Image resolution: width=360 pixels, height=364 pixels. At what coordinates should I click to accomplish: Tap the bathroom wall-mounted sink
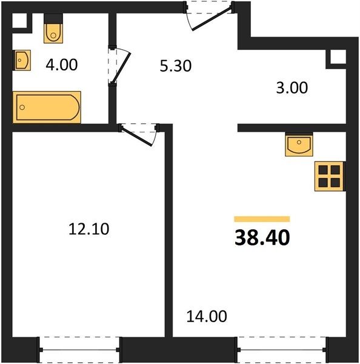[22, 60]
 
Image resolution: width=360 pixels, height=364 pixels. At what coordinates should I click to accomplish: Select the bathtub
[47, 107]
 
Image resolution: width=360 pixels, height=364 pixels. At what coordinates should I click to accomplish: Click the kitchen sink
[299, 145]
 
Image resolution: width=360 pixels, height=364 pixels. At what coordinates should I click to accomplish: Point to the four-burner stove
[330, 177]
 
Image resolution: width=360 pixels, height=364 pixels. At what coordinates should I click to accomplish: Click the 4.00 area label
[61, 65]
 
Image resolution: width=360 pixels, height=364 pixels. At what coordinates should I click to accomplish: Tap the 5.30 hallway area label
[176, 66]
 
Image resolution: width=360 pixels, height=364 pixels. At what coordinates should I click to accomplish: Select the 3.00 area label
[292, 88]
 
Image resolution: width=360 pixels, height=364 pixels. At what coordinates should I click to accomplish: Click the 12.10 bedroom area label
[89, 229]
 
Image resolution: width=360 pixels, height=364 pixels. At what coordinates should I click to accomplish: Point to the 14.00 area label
[207, 316]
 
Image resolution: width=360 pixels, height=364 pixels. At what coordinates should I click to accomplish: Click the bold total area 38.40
[262, 237]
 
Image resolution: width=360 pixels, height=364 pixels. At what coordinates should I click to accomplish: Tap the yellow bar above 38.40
[262, 219]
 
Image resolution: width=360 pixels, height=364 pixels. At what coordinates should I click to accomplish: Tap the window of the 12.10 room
[79, 349]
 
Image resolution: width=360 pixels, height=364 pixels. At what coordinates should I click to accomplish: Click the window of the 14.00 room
[282, 349]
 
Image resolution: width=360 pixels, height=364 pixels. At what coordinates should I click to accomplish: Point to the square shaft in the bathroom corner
[19, 21]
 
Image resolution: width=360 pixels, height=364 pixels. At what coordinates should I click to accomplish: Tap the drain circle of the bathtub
[22, 107]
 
